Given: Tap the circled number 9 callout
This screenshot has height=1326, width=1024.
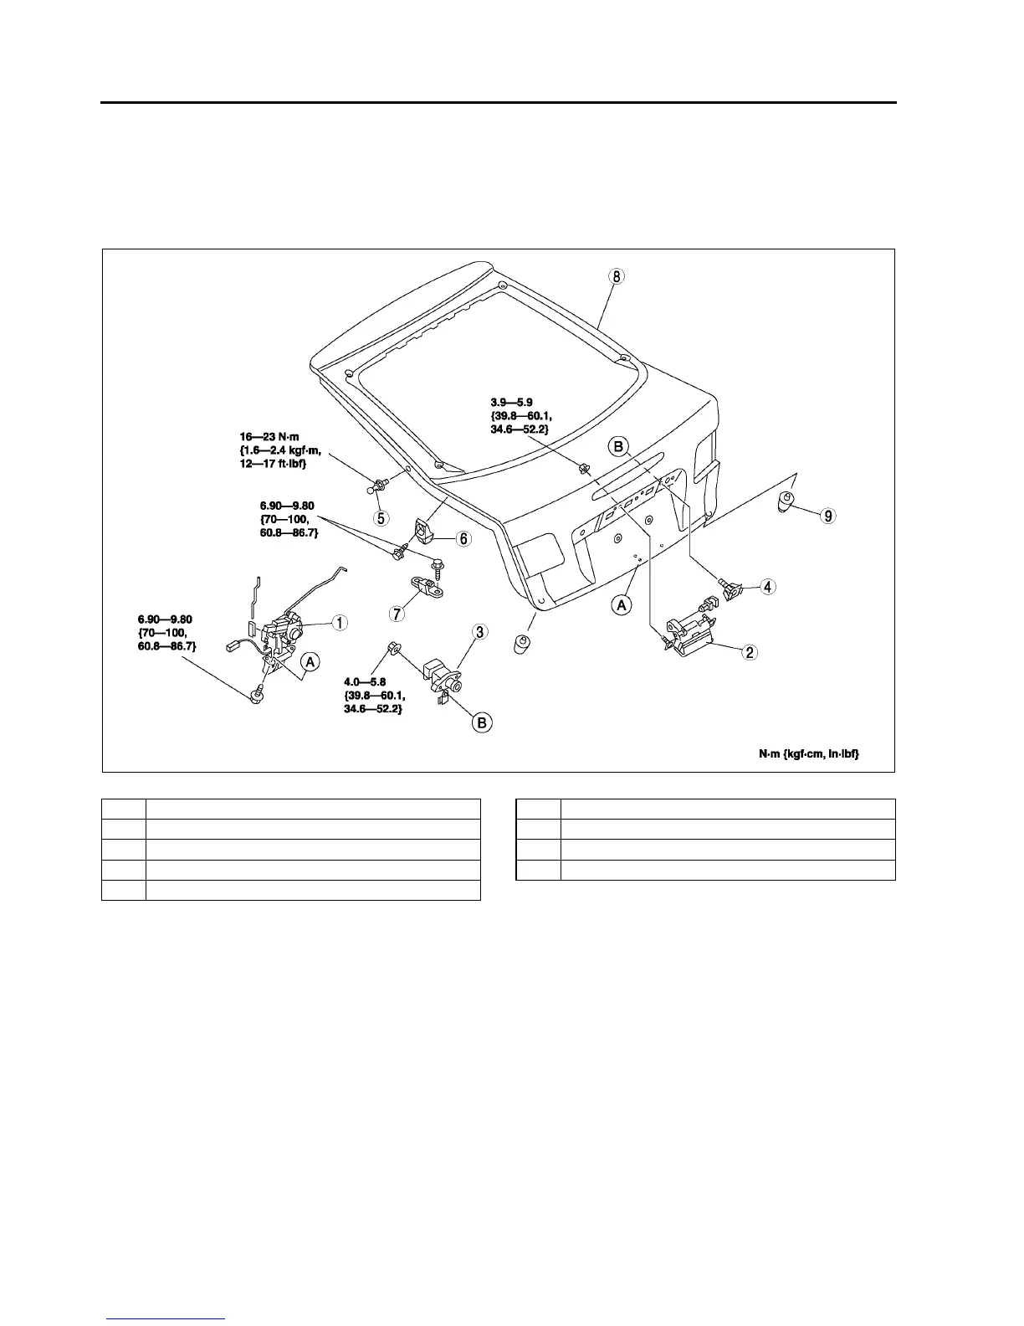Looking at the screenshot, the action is click(x=827, y=516).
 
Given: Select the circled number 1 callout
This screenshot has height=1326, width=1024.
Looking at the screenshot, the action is click(x=340, y=622).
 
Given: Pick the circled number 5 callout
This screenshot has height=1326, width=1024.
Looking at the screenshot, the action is click(x=381, y=517).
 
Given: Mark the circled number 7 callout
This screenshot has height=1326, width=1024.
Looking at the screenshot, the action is click(x=397, y=613).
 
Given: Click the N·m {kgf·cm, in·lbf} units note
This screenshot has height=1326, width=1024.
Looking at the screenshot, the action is click(x=808, y=754).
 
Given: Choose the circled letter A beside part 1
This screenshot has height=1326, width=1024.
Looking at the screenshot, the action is click(x=310, y=662).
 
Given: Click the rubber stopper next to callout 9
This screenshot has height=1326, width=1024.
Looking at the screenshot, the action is click(x=786, y=503).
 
